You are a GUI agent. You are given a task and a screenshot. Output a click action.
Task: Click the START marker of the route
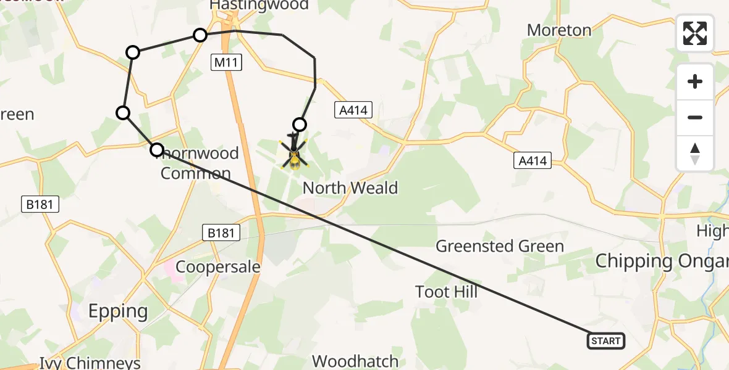[605, 341]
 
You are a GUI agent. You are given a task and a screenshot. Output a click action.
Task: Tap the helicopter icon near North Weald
[294, 154]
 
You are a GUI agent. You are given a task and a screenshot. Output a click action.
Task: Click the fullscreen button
[695, 33]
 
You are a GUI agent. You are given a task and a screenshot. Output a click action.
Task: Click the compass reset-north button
[695, 154]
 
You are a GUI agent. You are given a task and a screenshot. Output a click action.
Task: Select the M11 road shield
[225, 62]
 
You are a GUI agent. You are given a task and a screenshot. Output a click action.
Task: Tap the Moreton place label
[559, 30]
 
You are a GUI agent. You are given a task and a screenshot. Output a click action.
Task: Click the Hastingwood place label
[259, 6]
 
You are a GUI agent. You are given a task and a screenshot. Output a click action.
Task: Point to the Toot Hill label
[447, 291]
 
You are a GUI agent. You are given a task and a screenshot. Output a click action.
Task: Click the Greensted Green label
[500, 247]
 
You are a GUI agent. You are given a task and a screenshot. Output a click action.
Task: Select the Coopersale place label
[218, 266]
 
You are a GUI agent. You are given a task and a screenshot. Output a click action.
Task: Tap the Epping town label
[118, 311]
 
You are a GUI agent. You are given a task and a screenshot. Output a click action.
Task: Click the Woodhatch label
[355, 361]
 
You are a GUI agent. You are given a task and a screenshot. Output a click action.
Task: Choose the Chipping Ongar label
[661, 261]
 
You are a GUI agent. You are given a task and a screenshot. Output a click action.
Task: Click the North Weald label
[350, 188]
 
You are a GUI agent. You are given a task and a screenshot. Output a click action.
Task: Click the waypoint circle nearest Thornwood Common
[157, 149]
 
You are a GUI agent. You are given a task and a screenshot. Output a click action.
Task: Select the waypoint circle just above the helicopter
[299, 125]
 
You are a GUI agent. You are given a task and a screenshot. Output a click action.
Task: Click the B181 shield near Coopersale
[221, 232]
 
